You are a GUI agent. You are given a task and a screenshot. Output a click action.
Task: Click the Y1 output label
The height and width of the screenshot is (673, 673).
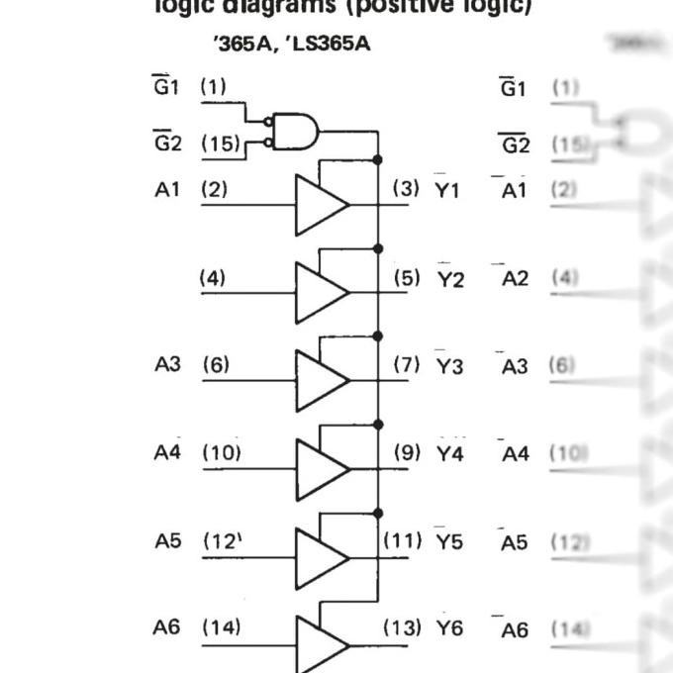[x=448, y=189]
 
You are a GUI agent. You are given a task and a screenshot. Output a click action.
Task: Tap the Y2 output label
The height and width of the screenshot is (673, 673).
[x=450, y=279]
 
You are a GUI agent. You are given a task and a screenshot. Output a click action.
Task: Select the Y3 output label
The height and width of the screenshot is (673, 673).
[x=449, y=366]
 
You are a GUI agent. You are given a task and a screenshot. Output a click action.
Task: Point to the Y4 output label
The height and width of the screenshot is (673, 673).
[x=449, y=454]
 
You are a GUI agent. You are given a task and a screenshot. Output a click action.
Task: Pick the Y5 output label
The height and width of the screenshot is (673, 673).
[x=449, y=542]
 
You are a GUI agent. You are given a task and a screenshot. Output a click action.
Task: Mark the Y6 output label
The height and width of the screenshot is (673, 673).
[x=449, y=628]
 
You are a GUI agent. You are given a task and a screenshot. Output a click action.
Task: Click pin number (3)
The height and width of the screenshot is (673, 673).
[x=406, y=188]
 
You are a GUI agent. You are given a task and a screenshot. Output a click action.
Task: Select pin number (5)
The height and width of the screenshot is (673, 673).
[x=406, y=278]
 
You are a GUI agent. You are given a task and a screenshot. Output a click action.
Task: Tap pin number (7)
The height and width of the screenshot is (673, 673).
[x=406, y=365]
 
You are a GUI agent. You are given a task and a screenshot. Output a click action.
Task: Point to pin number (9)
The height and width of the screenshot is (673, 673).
[x=406, y=453]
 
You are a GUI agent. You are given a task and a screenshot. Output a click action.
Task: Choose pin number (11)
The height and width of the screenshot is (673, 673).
[x=403, y=541]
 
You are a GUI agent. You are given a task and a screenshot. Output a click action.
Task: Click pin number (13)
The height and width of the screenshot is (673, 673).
[x=403, y=627]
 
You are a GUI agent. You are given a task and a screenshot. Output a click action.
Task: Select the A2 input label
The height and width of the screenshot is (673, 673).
[x=516, y=279]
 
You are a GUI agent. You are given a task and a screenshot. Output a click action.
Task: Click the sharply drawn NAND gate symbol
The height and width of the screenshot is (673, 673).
[x=296, y=131]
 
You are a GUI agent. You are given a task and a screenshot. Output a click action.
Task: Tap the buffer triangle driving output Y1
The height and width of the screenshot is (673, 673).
[x=319, y=205]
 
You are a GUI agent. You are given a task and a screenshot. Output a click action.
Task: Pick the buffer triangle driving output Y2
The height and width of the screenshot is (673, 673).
[x=319, y=293]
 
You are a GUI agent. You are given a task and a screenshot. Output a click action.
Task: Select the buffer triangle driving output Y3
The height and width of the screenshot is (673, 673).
[x=319, y=381]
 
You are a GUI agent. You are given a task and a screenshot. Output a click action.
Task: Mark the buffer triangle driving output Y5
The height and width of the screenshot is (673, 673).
[x=319, y=557]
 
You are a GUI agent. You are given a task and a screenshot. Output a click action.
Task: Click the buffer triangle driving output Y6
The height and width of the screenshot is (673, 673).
[x=319, y=644]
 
